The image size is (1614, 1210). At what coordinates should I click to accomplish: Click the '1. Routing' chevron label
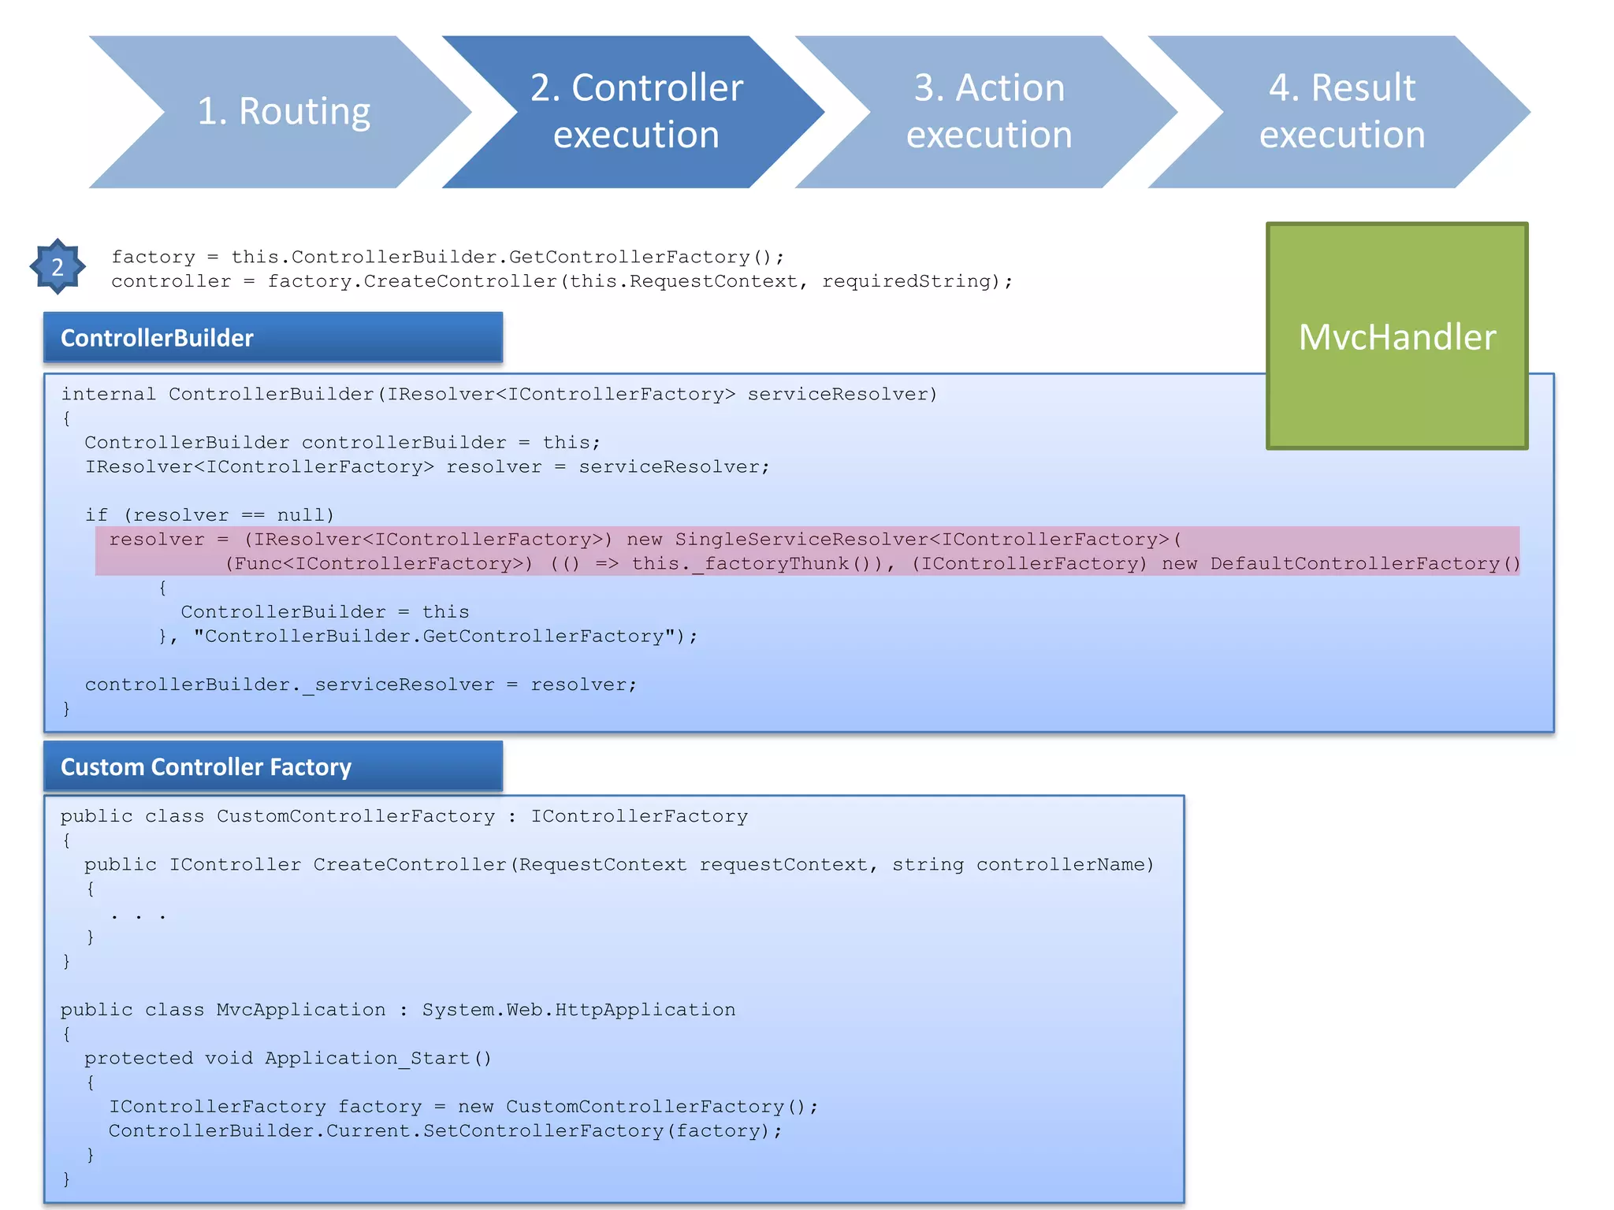284,111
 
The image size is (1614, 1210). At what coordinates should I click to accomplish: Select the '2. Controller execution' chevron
636,111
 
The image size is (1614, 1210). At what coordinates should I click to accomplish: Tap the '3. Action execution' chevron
989,111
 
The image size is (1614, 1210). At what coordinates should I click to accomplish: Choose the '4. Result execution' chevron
1342,111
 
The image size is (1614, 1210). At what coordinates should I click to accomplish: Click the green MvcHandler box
1396,336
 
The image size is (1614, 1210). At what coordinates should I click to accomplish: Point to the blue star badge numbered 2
58,267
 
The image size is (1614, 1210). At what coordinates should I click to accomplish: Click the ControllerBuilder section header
273,338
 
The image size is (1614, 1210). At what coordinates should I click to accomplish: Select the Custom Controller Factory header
273,766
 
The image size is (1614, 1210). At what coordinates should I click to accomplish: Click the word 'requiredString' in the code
906,281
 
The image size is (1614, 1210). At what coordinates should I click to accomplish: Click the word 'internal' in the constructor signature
108,394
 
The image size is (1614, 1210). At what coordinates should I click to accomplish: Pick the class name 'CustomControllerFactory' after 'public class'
356,816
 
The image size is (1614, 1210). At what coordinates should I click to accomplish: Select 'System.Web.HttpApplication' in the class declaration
578,1010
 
